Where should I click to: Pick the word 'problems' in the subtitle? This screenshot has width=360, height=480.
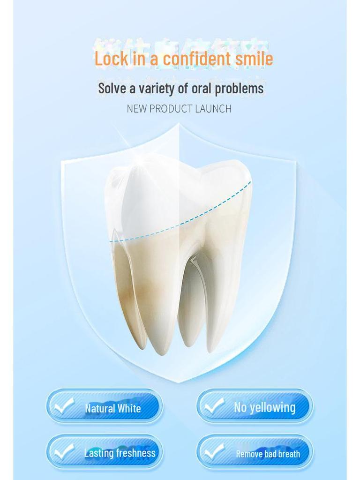click(239, 88)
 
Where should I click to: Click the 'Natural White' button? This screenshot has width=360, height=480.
click(105, 406)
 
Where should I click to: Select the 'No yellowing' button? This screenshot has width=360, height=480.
click(255, 406)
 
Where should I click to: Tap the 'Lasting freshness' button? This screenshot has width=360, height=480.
click(105, 452)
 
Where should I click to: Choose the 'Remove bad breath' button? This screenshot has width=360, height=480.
click(255, 452)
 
